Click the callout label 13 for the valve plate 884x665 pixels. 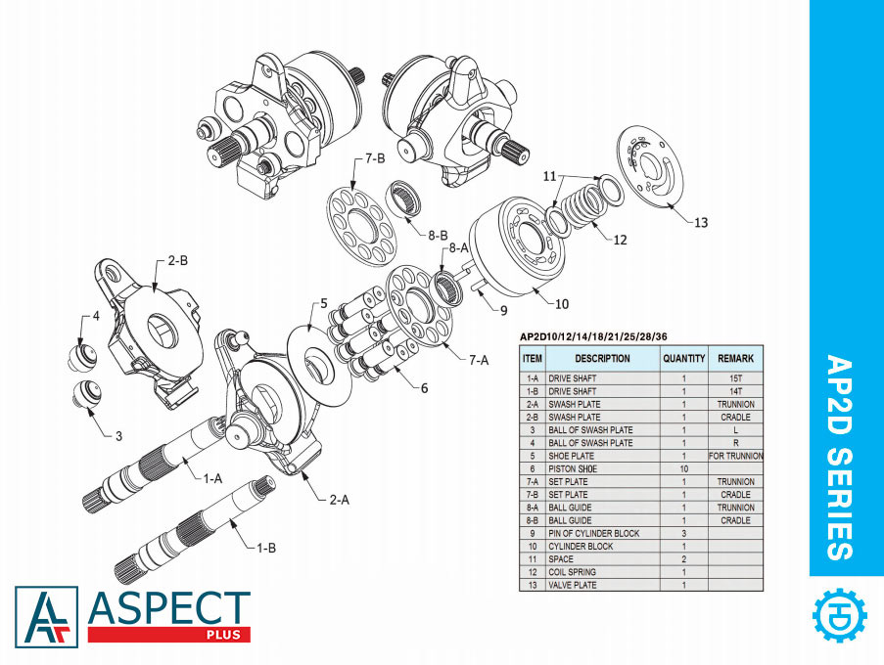click(x=699, y=222)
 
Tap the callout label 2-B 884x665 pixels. click(x=177, y=261)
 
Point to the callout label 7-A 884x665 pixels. click(x=478, y=359)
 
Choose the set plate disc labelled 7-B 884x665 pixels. click(x=358, y=224)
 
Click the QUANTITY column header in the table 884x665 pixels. click(x=683, y=358)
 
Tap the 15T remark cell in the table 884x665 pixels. click(x=735, y=378)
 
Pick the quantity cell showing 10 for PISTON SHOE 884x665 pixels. click(x=683, y=468)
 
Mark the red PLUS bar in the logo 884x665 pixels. click(x=168, y=635)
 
